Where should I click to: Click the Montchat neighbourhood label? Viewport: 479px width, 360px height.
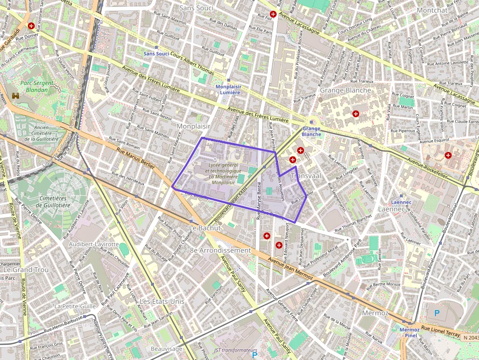click(x=432, y=10)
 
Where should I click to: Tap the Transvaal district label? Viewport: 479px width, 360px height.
click(x=305, y=175)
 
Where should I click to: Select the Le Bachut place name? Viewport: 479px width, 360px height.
click(x=205, y=228)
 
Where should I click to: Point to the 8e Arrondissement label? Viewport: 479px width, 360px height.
click(x=220, y=250)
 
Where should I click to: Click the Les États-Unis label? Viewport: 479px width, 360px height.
click(x=162, y=301)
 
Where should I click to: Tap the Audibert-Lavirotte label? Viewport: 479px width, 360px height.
click(x=94, y=244)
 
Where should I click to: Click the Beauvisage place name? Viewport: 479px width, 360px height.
click(x=166, y=349)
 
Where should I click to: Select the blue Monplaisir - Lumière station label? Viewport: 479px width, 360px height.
click(x=228, y=89)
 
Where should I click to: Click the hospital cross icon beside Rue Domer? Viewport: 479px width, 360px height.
click(x=31, y=25)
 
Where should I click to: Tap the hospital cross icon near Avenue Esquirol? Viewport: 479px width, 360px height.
click(x=448, y=155)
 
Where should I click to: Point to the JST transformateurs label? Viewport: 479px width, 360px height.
click(x=235, y=350)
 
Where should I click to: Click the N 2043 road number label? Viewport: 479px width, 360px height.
click(x=470, y=338)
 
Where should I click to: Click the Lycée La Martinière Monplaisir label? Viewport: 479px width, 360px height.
click(x=224, y=174)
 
